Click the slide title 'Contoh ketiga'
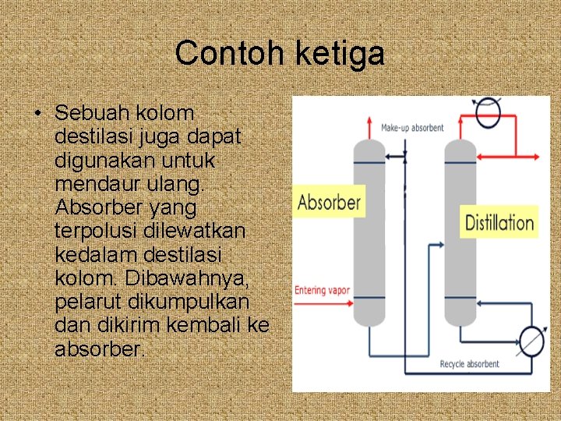[x=280, y=54]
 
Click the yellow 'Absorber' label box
[x=330, y=203]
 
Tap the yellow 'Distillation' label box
[x=499, y=223]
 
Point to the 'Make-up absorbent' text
[x=412, y=128]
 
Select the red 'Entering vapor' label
[x=322, y=291]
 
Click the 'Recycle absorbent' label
[x=469, y=364]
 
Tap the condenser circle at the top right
[x=489, y=108]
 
